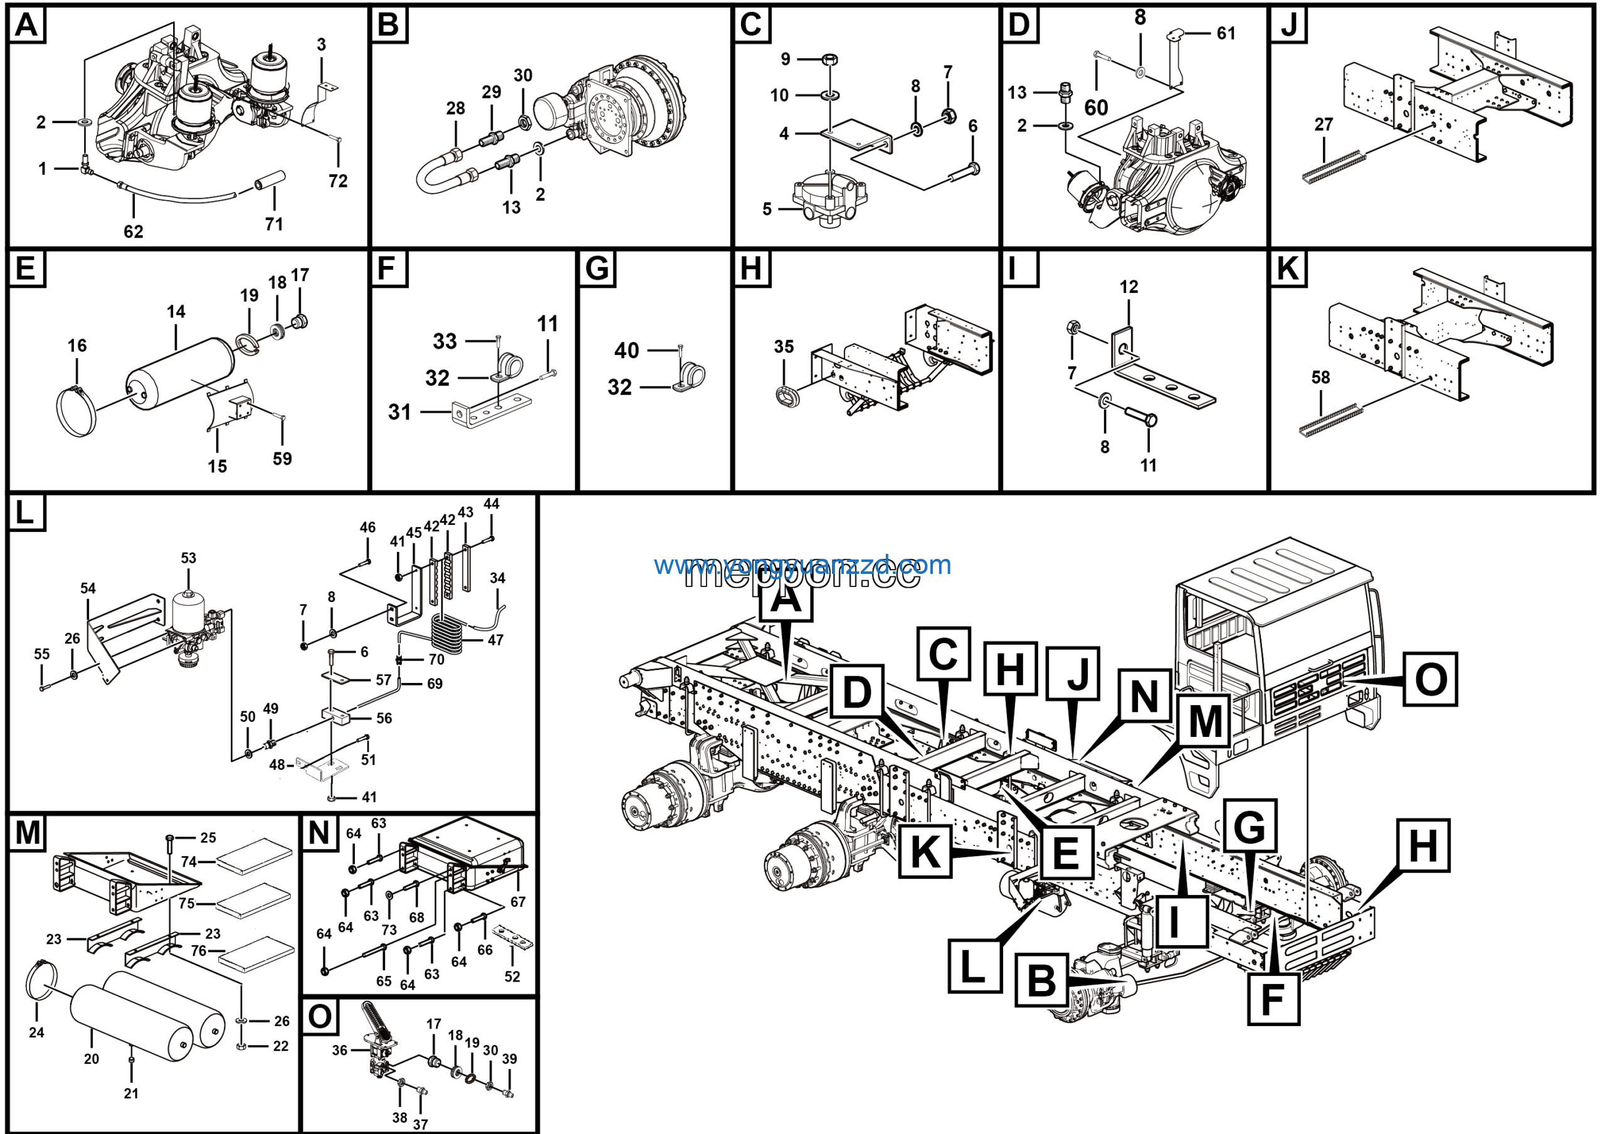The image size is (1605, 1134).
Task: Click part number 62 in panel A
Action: pos(134,231)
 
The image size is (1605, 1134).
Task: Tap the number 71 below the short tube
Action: pos(274,224)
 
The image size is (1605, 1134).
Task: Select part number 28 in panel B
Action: pos(455,109)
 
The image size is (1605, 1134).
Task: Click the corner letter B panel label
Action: pos(388,25)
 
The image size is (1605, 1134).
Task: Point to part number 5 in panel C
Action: pos(767,209)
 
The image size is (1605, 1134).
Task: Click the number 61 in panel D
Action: pos(1226,33)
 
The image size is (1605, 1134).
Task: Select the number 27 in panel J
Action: pos(1323,124)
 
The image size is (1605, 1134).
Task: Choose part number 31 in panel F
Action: pos(400,412)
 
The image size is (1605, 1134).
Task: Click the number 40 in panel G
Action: pos(626,350)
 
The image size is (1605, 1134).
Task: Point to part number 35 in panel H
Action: pos(784,347)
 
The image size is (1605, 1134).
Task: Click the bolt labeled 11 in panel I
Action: pos(1141,419)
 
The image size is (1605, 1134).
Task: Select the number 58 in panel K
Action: pos(1320,378)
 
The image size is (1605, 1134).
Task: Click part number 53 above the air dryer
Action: pos(189,558)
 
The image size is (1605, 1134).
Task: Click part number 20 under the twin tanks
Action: pos(92,1059)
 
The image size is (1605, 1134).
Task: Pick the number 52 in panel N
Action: pos(512,977)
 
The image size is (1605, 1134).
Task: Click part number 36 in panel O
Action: pos(340,1050)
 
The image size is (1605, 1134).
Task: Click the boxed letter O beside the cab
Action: pos(1430,679)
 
